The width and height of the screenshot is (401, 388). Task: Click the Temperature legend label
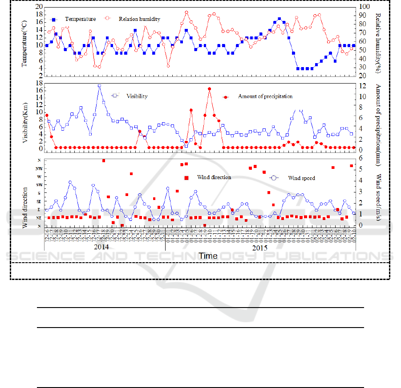[80, 19]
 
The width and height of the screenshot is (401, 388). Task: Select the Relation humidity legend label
[139, 19]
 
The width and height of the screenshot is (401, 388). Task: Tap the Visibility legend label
[137, 96]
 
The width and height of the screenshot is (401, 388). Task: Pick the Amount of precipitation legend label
[265, 96]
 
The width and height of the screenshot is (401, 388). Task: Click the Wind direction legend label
[214, 177]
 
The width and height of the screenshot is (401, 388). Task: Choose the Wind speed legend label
[301, 178]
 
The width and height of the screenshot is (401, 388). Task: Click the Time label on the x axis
[208, 256]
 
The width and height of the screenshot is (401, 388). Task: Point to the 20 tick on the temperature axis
[38, 7]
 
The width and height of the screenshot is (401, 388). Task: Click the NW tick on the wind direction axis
[39, 168]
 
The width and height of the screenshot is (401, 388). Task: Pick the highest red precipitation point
[209, 89]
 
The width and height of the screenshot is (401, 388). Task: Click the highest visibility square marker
[99, 86]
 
